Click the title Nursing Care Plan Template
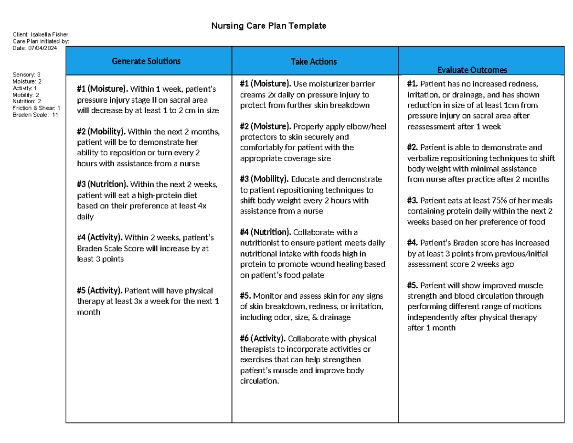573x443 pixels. point(269,26)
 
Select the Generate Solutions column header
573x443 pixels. point(146,61)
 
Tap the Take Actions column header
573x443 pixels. point(314,62)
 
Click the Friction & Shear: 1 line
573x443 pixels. point(36,108)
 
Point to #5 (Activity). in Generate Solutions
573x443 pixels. point(99,291)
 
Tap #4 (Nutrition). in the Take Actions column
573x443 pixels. point(265,233)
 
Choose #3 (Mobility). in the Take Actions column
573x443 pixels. point(264,180)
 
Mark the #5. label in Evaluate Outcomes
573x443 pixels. point(413,286)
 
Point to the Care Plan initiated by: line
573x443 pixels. point(41,41)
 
